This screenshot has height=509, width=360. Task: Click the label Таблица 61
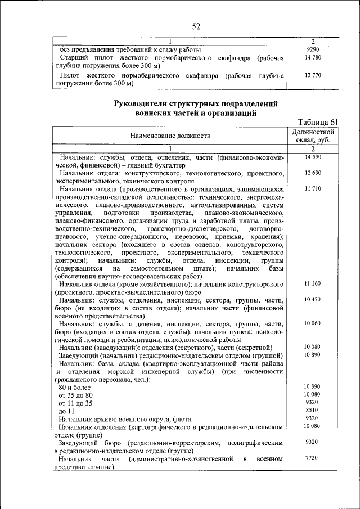point(318,122)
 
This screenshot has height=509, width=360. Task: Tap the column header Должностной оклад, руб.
point(312,136)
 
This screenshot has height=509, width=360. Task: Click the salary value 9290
point(312,49)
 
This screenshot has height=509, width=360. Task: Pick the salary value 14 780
point(312,57)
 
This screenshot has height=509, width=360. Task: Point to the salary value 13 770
point(312,75)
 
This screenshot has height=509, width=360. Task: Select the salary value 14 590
point(312,157)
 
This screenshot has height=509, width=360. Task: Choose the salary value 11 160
point(312,284)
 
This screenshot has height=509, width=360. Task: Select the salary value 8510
point(312,411)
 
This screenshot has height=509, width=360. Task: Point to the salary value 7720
point(312,458)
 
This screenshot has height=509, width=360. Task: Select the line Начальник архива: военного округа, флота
point(125,419)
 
